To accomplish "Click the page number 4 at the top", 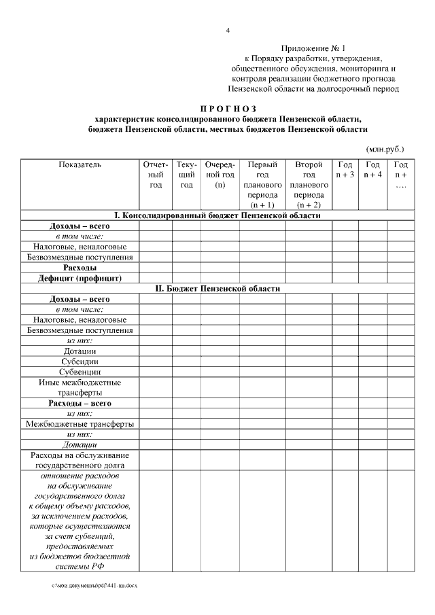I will (228, 31).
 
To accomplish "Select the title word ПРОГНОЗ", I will (228, 108).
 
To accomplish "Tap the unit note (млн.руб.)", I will (385, 148).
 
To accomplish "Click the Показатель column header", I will (80, 164).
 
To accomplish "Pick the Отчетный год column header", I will (156, 175).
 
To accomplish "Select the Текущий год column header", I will (187, 175).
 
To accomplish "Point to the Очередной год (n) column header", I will (220, 175).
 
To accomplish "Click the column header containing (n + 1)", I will (262, 184).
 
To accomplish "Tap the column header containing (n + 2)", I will (309, 184).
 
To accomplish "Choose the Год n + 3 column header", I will (345, 170).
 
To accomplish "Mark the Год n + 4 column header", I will (372, 170).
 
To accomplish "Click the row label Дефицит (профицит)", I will (80, 278).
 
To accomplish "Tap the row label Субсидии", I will (80, 362).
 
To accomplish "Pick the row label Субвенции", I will (80, 372).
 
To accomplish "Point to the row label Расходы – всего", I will (80, 403).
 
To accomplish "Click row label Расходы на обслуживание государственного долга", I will (80, 460).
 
